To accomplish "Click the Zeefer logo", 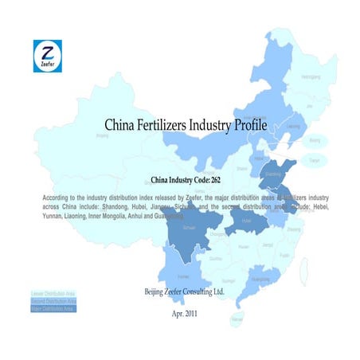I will pos(47,56).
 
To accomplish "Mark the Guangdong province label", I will pos(258,280).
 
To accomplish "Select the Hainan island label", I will pos(237,318).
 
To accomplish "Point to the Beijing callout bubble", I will pos(314,140).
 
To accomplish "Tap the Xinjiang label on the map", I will pos(101,136).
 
